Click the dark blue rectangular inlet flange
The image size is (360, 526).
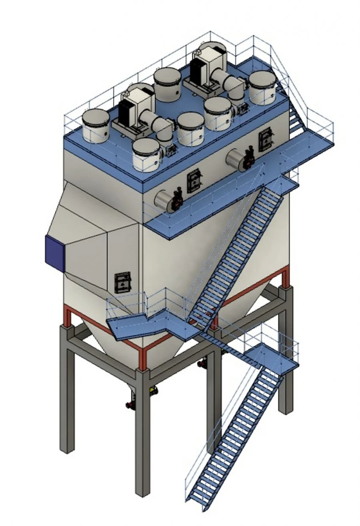(55, 253)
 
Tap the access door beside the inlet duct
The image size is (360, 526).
(122, 282)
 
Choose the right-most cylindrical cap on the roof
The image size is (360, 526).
(262, 87)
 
